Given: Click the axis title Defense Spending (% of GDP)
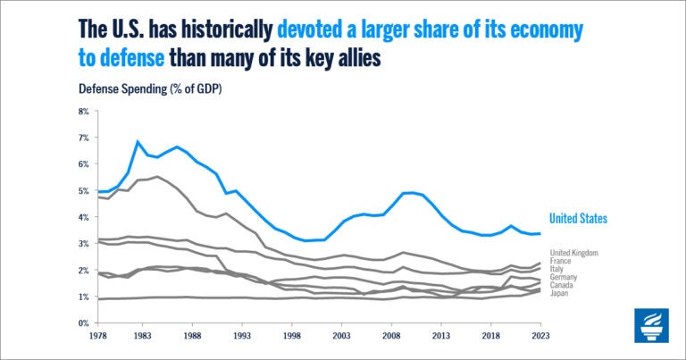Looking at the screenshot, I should tap(150, 89).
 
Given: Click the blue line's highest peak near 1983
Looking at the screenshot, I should tap(138, 141).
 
